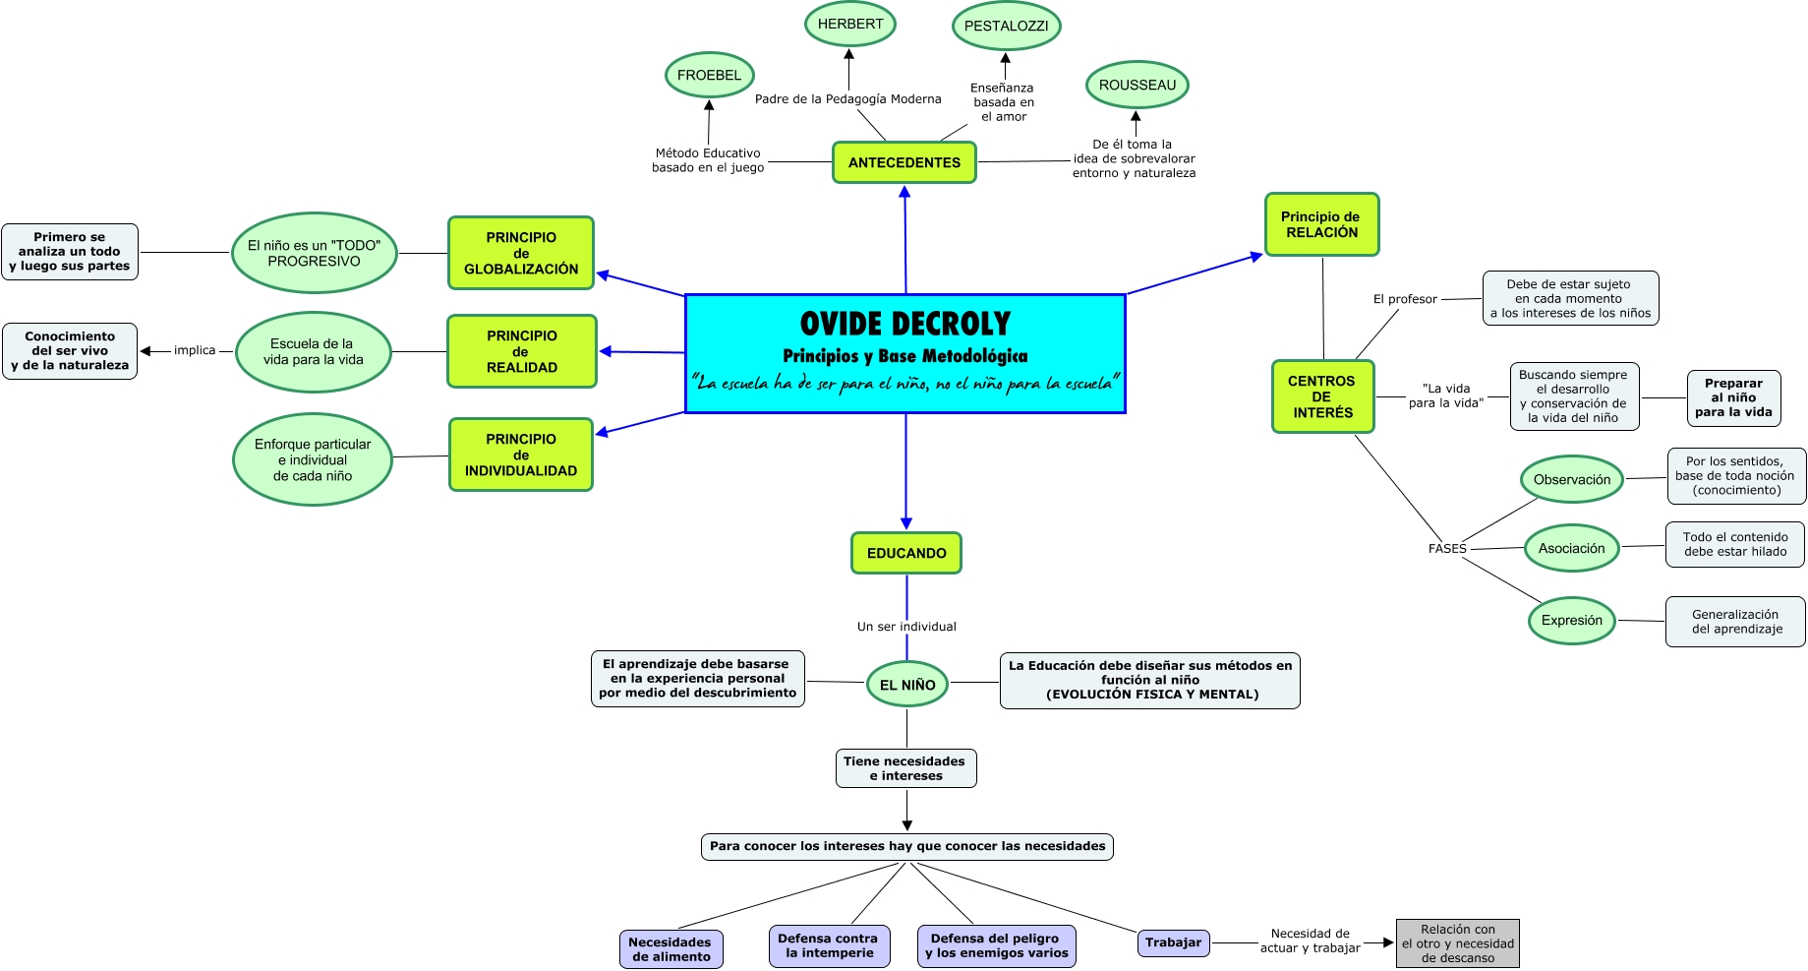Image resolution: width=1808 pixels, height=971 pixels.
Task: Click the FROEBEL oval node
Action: click(x=709, y=76)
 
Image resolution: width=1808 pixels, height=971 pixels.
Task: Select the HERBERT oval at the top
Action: click(x=850, y=25)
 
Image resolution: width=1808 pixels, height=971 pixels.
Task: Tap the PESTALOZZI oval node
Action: click(x=1006, y=27)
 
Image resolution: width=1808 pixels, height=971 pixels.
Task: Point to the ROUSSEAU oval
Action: click(x=1137, y=86)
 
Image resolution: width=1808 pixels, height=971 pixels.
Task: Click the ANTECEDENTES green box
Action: click(x=904, y=163)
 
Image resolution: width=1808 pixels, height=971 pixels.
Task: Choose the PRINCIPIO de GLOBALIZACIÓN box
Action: click(x=521, y=254)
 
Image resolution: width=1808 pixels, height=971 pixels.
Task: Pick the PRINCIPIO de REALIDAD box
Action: click(x=522, y=352)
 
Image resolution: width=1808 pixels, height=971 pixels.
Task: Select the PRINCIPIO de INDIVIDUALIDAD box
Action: click(x=521, y=455)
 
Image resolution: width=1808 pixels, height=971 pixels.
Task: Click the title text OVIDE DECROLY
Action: click(x=905, y=324)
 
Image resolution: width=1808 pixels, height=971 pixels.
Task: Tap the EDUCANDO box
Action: click(x=906, y=554)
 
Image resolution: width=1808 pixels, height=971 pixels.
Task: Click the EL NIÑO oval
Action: click(x=907, y=685)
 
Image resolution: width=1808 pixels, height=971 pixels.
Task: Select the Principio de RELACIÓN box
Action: click(x=1321, y=225)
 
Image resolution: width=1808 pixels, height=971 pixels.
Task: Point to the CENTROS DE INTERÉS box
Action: click(x=1322, y=397)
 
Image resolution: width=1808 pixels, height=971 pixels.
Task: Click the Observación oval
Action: click(x=1572, y=480)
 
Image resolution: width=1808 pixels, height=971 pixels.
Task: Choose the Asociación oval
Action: click(x=1571, y=549)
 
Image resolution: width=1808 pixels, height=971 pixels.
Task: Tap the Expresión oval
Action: click(x=1571, y=621)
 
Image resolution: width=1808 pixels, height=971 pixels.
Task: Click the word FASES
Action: click(x=1447, y=549)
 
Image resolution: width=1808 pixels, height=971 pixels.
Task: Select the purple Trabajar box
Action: click(x=1173, y=942)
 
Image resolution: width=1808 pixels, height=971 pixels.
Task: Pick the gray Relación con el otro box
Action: click(x=1458, y=943)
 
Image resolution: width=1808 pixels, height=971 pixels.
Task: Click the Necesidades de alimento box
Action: click(x=671, y=949)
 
